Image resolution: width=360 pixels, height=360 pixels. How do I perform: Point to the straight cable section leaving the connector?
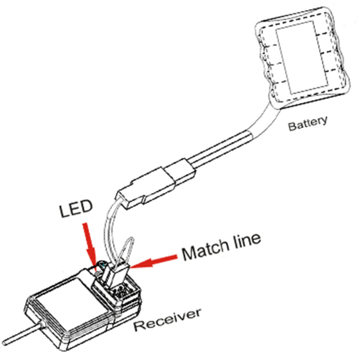tap(216, 148)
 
